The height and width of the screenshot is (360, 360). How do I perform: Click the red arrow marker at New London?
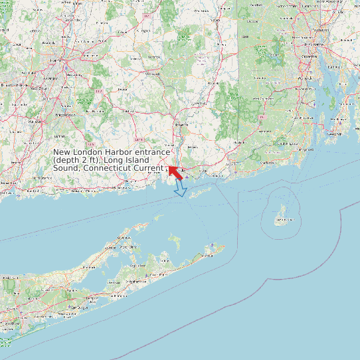coord(175,172)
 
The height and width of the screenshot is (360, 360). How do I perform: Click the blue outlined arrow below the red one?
coord(180,189)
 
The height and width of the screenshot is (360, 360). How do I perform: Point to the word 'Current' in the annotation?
coord(147,168)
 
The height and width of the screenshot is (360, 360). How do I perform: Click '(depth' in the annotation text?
coord(66,160)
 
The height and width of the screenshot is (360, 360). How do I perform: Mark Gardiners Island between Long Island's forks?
coord(175,240)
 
